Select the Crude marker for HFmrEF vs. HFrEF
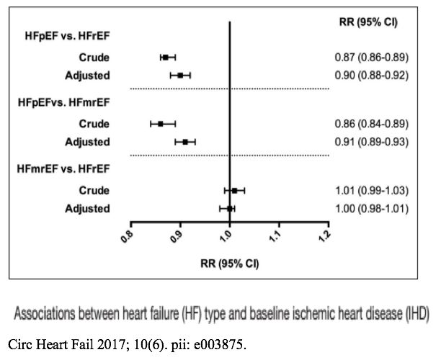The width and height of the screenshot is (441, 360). [x=234, y=190]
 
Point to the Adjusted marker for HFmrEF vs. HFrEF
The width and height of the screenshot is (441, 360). [x=230, y=209]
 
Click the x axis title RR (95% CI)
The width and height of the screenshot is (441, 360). [x=229, y=263]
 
